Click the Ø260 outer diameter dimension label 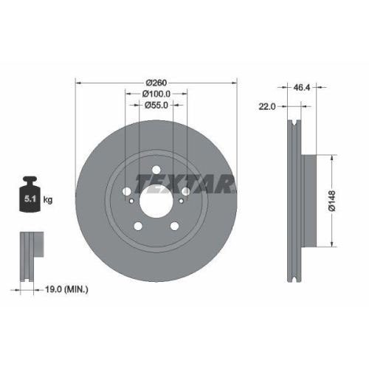pyautogui.click(x=156, y=82)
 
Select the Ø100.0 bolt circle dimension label pyautogui.click(x=156, y=94)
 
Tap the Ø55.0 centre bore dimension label pyautogui.click(x=156, y=106)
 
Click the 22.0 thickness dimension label pyautogui.click(x=267, y=106)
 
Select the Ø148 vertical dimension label pyautogui.click(x=331, y=201)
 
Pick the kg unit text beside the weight pyautogui.click(x=49, y=200)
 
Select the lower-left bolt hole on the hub pyautogui.click(x=137, y=226)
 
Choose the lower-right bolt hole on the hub pyautogui.click(x=174, y=226)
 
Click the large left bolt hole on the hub pyautogui.click(x=126, y=191)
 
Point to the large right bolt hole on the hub pyautogui.click(x=185, y=191)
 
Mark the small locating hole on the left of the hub pyautogui.click(x=131, y=201)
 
